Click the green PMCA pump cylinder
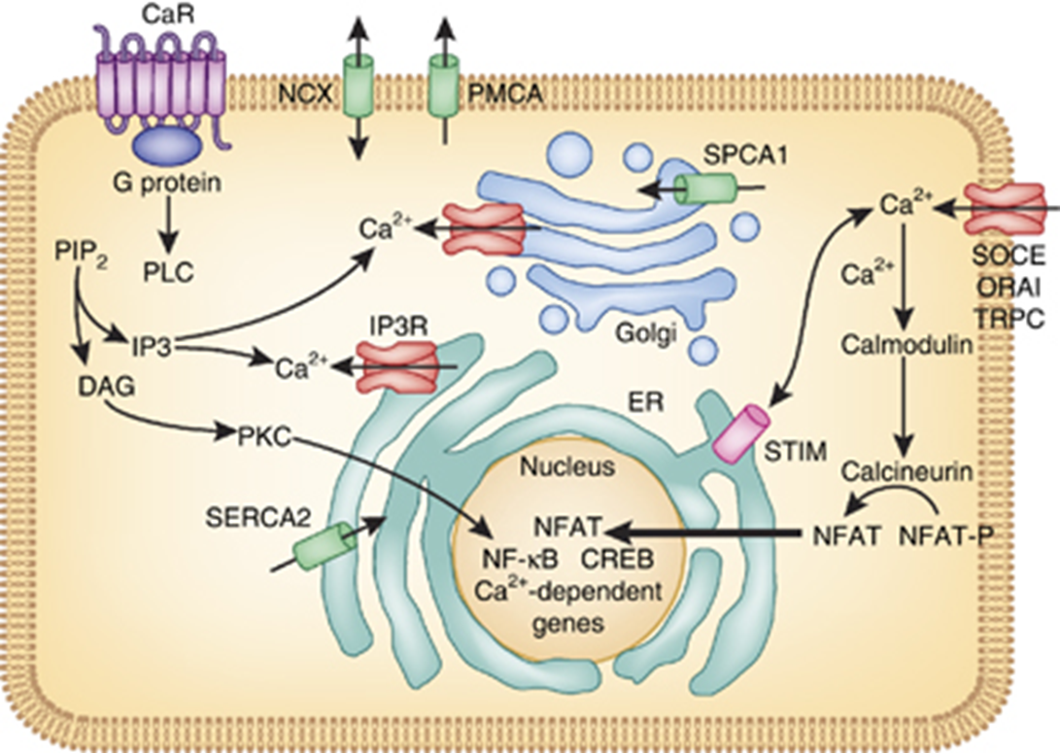(x=445, y=88)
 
